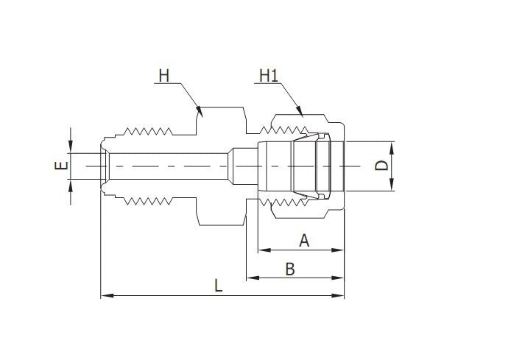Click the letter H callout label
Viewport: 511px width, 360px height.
point(163,75)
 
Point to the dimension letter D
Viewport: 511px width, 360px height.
point(381,165)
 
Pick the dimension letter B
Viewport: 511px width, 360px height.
point(289,269)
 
